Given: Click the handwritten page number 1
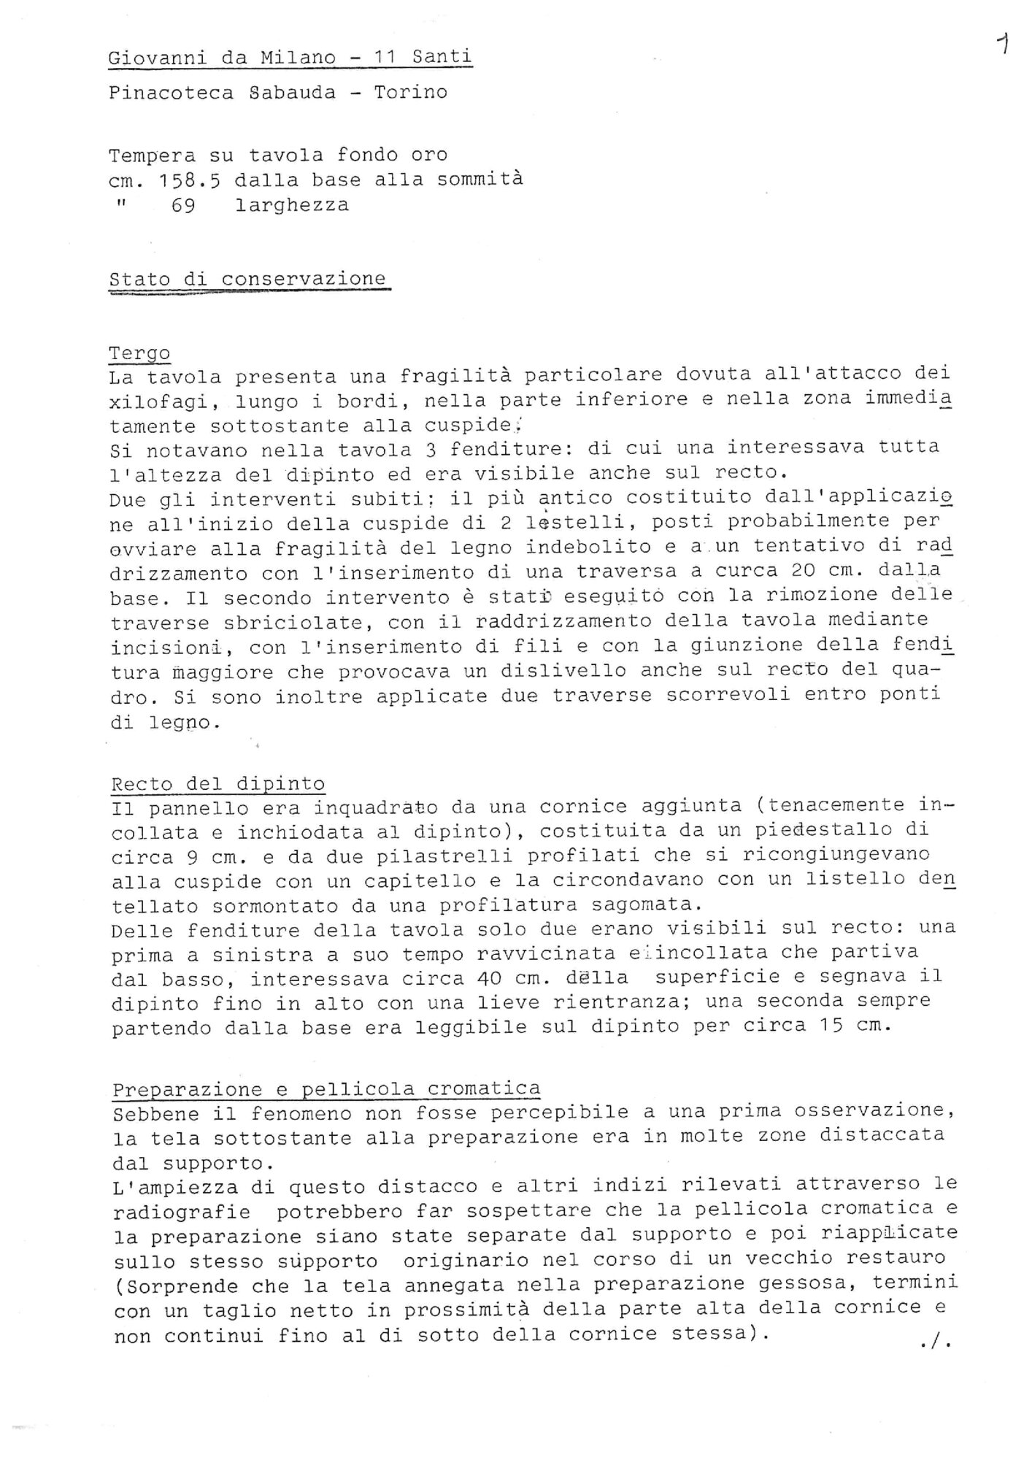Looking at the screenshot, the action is (x=1004, y=45).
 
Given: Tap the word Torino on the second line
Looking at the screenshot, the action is (x=411, y=93).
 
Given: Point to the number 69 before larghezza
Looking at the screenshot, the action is (x=183, y=205).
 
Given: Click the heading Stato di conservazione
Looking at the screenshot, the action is (x=247, y=279).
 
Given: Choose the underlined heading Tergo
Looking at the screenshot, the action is (x=139, y=353).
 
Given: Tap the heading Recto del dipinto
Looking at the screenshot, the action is (x=218, y=784).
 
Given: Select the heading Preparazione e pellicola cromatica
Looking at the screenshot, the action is (x=326, y=1089).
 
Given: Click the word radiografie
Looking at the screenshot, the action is (x=182, y=1213).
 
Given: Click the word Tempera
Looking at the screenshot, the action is (x=153, y=155).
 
